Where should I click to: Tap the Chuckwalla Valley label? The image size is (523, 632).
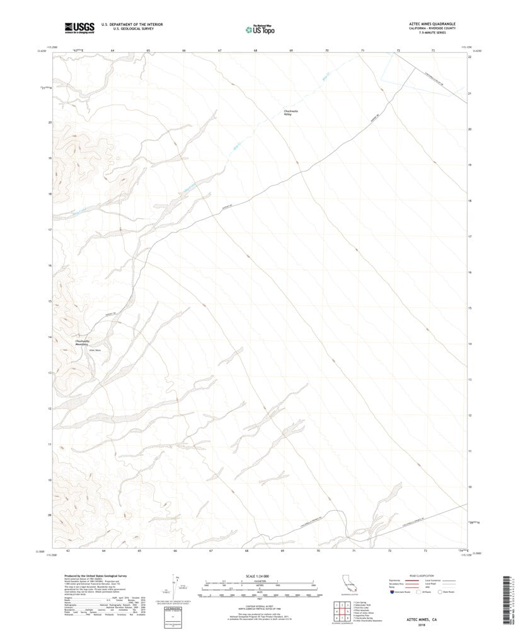pos(290,113)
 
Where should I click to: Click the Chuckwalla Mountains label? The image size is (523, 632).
pos(82,343)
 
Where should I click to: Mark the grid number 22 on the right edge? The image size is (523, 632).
pos(470,57)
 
